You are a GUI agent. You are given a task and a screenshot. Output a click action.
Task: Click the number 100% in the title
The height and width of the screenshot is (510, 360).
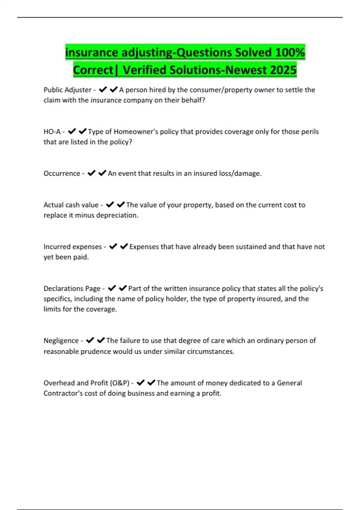tap(290, 52)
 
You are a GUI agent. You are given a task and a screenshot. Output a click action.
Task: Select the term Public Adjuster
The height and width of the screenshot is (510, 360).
tap(67, 90)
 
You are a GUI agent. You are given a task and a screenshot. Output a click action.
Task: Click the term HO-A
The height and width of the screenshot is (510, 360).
tap(52, 132)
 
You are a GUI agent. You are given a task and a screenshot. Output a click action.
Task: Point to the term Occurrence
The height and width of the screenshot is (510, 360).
tap(62, 173)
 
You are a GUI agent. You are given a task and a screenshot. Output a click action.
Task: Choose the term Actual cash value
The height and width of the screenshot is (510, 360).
tap(71, 205)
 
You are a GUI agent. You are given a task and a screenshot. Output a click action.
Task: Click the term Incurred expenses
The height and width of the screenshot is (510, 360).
tap(73, 247)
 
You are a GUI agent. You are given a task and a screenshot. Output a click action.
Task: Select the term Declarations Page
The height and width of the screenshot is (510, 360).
tap(72, 289)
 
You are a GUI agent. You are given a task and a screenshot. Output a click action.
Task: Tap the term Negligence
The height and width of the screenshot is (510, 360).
tap(61, 341)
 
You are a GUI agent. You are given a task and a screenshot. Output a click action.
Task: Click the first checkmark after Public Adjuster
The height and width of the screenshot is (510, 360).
tap(103, 90)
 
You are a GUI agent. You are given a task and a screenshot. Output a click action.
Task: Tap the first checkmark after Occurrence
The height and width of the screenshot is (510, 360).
tap(91, 173)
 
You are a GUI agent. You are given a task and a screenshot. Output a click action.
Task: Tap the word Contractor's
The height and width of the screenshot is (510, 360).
tap(63, 393)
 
